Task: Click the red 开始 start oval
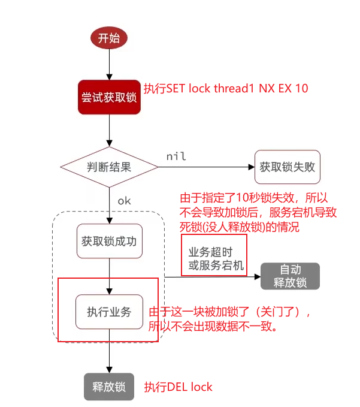109,38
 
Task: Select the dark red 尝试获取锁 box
109,97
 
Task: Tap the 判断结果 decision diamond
109,167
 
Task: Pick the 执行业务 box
109,312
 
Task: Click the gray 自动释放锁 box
290,276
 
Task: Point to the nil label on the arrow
176,156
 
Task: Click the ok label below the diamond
124,201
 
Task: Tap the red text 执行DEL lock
178,387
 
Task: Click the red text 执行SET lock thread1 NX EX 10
226,89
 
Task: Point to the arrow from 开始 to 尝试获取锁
109,64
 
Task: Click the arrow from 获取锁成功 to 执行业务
109,276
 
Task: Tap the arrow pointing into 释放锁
109,357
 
